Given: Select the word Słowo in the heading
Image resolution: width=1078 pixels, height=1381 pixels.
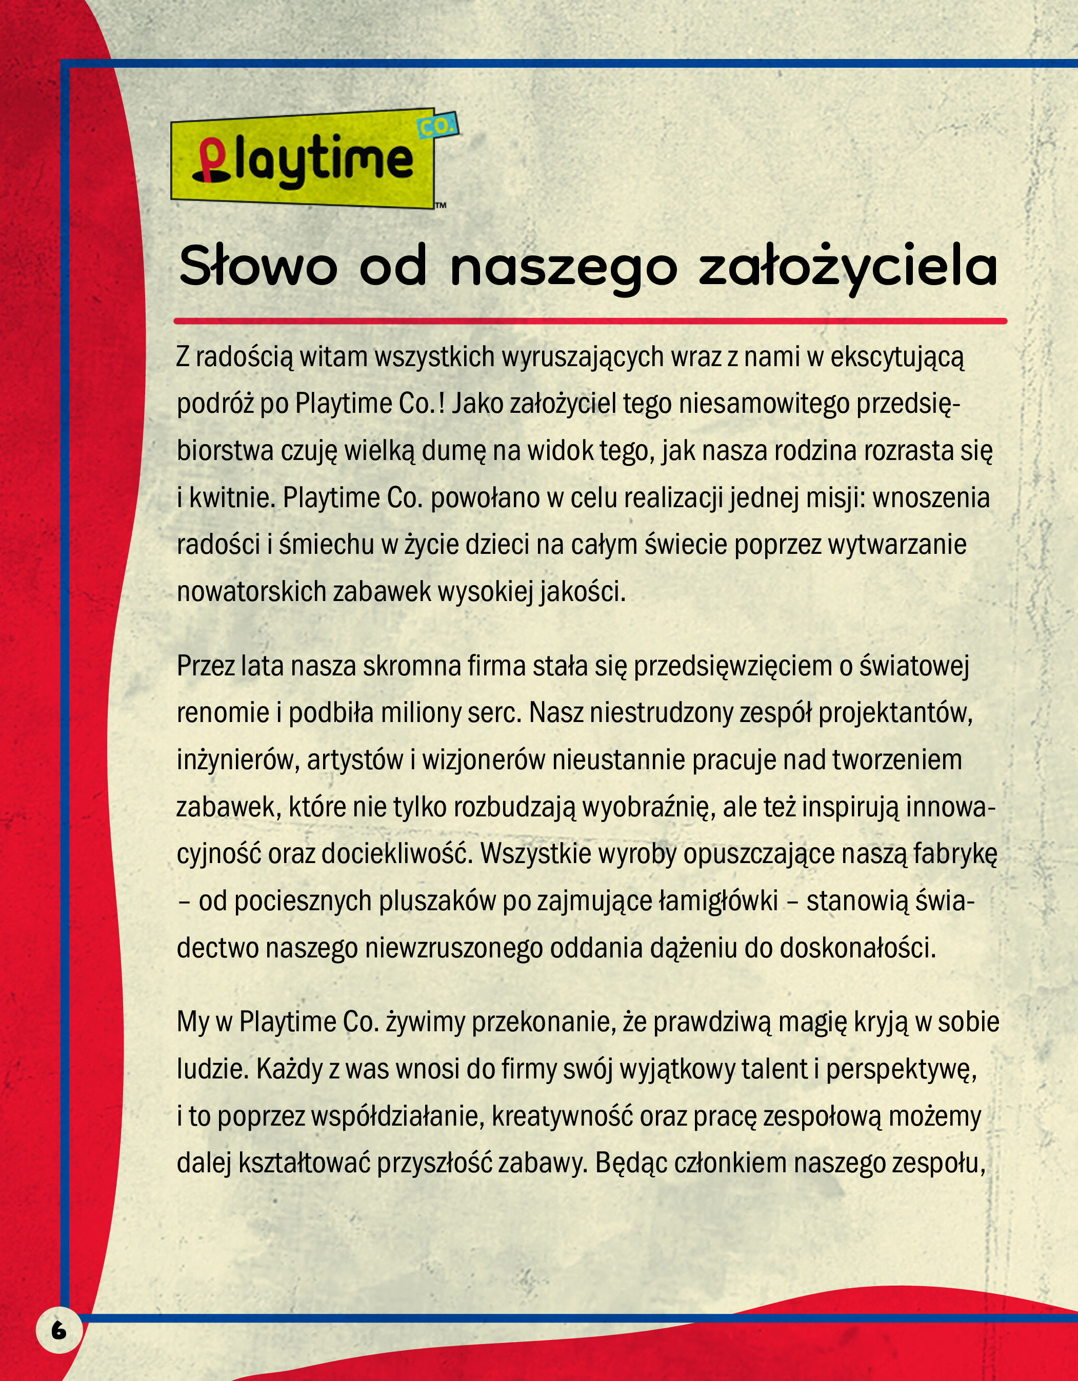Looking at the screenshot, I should tap(257, 267).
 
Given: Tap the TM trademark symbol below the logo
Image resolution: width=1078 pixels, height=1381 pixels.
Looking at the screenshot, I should tap(441, 206).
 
